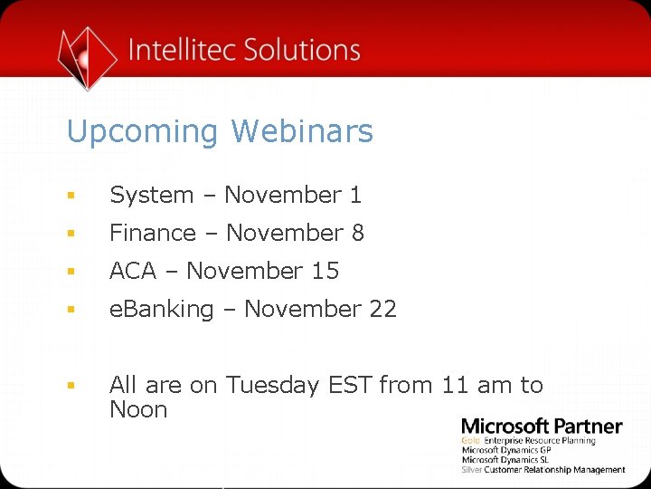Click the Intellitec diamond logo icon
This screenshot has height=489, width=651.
(x=87, y=57)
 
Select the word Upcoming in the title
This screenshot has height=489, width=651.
(x=143, y=132)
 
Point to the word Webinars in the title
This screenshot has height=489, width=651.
(x=302, y=131)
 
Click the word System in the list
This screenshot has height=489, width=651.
(x=152, y=195)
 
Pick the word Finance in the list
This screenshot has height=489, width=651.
(x=153, y=233)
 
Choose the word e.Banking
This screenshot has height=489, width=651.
(x=161, y=309)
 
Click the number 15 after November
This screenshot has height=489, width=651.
(x=325, y=271)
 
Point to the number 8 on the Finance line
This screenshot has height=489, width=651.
(x=358, y=233)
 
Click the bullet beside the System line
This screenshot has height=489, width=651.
(x=71, y=196)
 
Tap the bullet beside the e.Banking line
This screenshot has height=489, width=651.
(x=71, y=310)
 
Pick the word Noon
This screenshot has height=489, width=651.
(x=138, y=409)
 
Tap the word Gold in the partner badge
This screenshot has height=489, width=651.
(x=470, y=441)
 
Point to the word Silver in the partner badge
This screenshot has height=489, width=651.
(x=472, y=470)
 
